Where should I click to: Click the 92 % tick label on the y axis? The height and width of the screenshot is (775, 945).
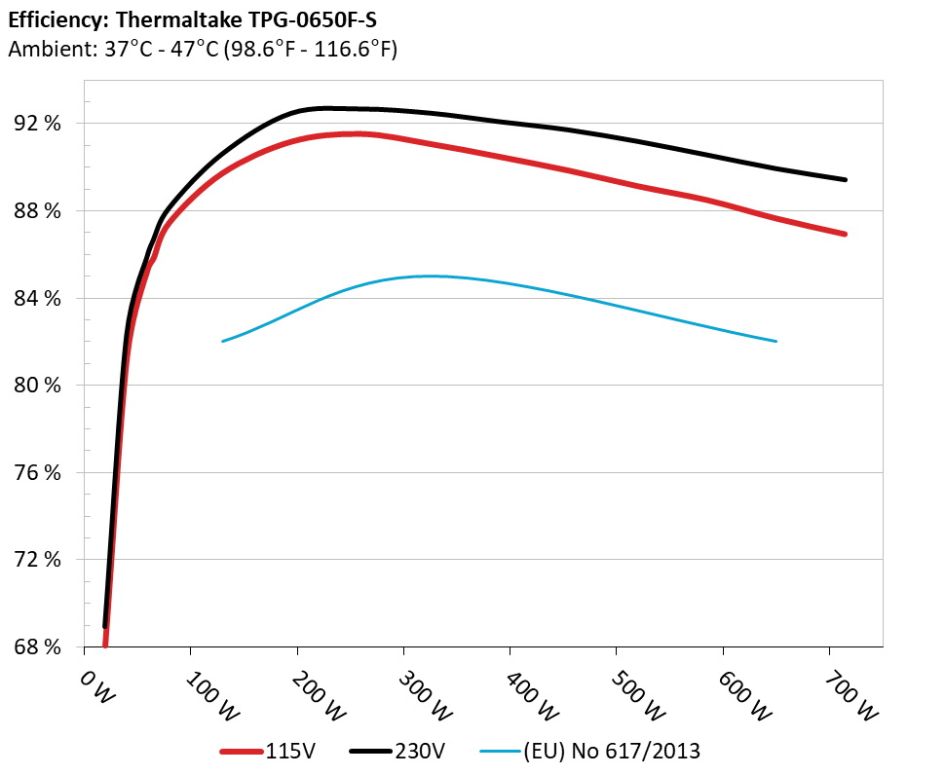[38, 124]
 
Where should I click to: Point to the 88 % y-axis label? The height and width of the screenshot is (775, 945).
[38, 211]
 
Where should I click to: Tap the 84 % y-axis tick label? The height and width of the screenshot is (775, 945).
[38, 298]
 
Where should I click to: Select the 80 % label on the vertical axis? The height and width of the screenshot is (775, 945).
[38, 386]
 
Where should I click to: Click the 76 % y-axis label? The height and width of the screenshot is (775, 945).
[38, 472]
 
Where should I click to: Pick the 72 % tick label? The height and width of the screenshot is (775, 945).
[38, 560]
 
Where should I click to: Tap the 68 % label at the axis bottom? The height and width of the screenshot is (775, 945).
[38, 646]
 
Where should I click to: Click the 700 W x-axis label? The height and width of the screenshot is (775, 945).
[850, 693]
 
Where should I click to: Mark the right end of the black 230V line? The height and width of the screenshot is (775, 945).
[845, 179]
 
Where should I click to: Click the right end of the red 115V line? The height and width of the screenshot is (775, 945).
[845, 234]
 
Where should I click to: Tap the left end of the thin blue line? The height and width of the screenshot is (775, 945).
[223, 341]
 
